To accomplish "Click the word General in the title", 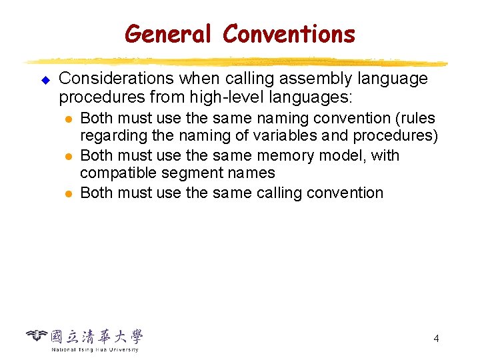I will [167, 33].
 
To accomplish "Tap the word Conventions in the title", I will [289, 33].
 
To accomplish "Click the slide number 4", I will [436, 339].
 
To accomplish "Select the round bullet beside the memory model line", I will [67, 157].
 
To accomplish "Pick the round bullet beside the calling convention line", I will [67, 194].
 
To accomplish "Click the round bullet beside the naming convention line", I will [67, 119].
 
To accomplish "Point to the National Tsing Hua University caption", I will [95, 349].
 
